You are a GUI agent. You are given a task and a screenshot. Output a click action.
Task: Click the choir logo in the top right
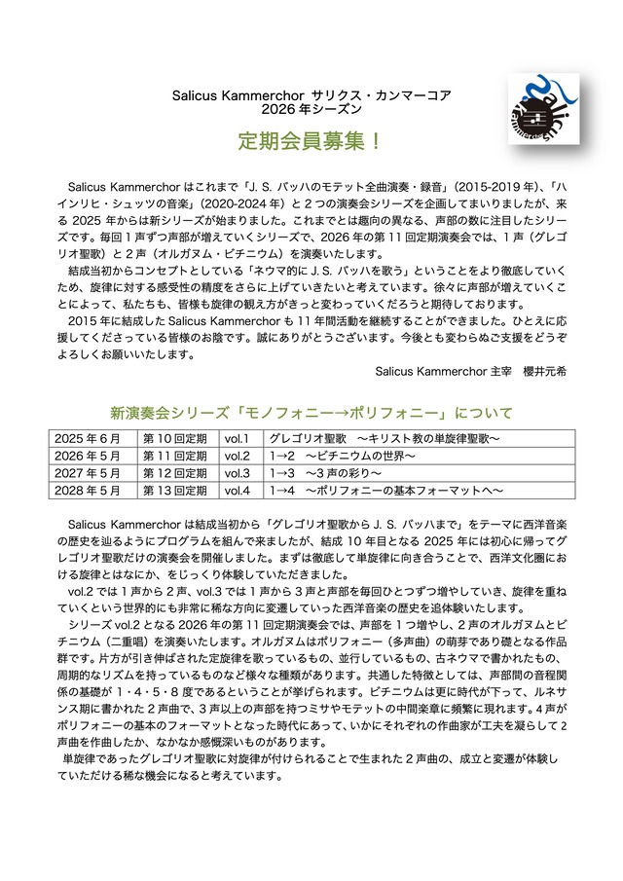tap(543, 109)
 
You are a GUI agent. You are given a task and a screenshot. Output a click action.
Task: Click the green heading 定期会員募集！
tap(311, 139)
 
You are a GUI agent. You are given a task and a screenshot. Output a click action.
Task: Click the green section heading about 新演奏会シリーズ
tap(311, 412)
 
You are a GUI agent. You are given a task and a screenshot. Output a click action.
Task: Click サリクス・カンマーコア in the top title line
tap(381, 95)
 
